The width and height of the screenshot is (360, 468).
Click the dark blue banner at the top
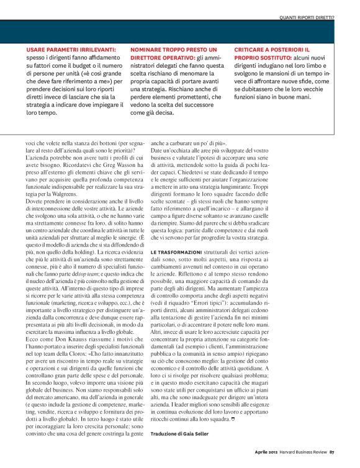[180, 30]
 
